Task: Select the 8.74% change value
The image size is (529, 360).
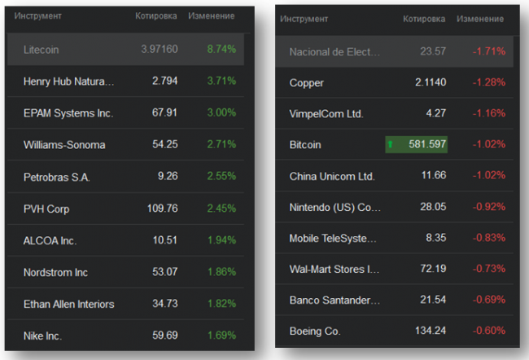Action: pos(221,49)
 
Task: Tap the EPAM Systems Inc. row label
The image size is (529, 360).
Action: pos(68,113)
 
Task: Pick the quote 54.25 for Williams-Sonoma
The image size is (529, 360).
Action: pos(164,145)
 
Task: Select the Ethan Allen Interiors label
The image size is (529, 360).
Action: pos(69,304)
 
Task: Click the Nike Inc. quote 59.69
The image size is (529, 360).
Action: pos(164,336)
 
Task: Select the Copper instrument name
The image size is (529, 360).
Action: pos(307,82)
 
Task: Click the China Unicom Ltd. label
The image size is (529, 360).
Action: pos(332,176)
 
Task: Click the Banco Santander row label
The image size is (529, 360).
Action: pos(334,301)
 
